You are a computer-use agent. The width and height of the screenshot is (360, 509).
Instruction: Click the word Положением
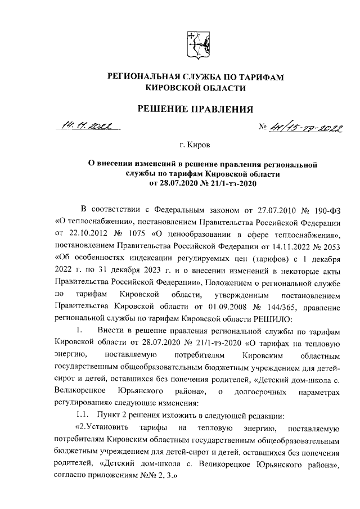pyautogui.click(x=229, y=285)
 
